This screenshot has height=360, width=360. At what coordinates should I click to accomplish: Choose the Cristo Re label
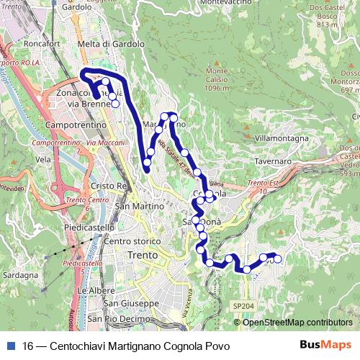click(109, 186)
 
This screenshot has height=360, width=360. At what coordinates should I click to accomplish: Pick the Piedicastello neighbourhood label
click(89, 228)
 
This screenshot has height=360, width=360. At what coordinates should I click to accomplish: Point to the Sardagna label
click(20, 275)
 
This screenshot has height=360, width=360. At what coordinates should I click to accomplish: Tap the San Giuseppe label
click(135, 303)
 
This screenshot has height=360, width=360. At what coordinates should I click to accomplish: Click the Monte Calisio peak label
click(217, 79)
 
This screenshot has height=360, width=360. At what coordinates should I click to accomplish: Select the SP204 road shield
click(243, 306)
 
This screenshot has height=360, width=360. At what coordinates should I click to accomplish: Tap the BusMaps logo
click(326, 346)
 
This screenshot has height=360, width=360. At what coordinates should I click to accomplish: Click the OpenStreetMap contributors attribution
click(297, 323)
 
